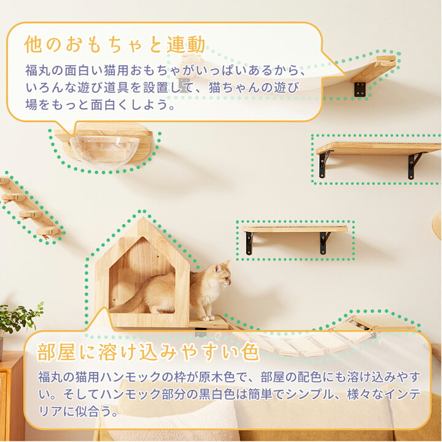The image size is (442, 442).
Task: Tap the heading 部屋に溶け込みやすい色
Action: (x=148, y=353)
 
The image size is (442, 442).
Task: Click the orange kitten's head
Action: (x=220, y=274)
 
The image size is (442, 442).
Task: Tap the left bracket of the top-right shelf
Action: (x=324, y=163)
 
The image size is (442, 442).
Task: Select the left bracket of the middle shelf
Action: (x=249, y=242)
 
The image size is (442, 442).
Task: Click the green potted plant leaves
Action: (x=22, y=317)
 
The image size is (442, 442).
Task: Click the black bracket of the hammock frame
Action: (x=360, y=88)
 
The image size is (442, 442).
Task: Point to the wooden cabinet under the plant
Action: (x=11, y=393)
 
